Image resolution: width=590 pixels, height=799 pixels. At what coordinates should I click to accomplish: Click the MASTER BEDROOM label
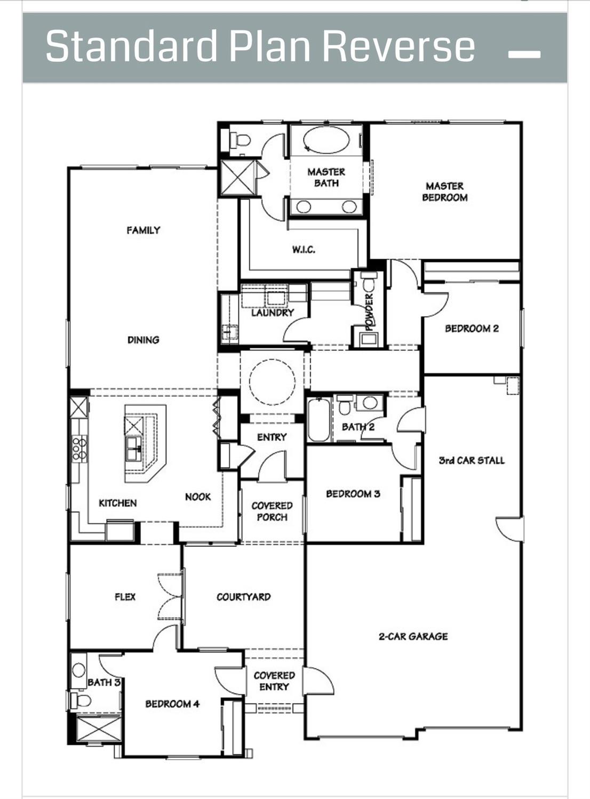(444, 191)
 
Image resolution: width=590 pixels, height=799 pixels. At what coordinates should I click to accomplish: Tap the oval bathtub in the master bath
(326, 140)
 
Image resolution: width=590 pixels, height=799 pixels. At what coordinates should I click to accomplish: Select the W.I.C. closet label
(303, 249)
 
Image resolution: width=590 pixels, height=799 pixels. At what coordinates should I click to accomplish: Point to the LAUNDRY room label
(272, 313)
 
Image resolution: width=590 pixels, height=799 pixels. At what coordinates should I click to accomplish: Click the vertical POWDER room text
(369, 309)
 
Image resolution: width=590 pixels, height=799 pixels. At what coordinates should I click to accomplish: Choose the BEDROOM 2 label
(472, 329)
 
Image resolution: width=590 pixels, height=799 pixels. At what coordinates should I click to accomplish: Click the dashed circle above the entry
(272, 382)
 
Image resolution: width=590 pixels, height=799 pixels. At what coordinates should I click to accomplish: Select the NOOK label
(198, 497)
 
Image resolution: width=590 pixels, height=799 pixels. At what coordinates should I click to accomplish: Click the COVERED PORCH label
(272, 511)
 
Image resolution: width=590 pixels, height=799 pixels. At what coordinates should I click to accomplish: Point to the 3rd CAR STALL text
(471, 460)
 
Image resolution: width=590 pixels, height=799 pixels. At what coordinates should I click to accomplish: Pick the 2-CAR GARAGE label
(413, 636)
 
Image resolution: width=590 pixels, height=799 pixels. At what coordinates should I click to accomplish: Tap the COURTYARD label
(243, 597)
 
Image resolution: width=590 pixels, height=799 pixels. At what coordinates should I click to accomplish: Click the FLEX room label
(125, 597)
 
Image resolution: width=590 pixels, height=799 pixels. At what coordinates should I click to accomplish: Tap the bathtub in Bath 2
(318, 420)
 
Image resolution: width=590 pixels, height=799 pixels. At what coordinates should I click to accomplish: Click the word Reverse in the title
(398, 46)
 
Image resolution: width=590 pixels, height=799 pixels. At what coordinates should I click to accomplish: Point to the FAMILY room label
(143, 230)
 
